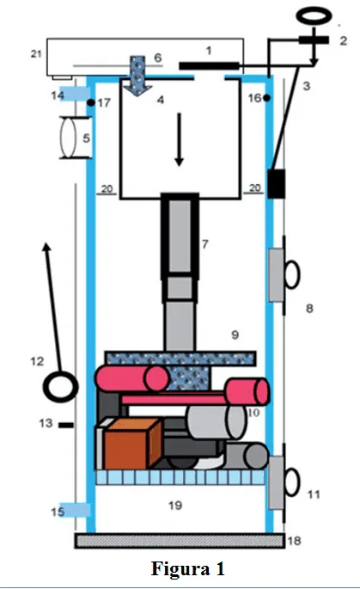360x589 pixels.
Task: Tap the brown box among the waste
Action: click(130, 445)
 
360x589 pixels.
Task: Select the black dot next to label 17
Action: click(90, 102)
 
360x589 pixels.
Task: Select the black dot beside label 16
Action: click(267, 97)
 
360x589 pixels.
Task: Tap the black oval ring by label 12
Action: click(60, 383)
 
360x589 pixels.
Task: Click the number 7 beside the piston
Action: click(204, 245)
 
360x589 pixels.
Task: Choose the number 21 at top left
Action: click(35, 54)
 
